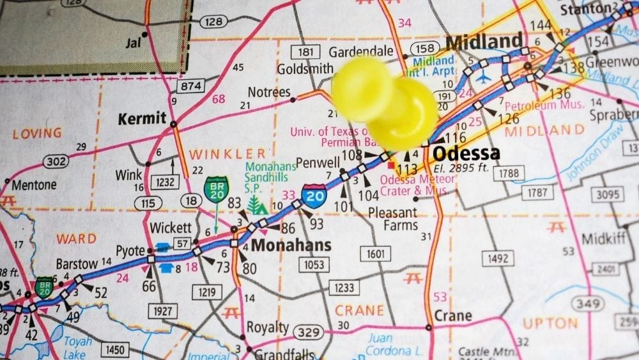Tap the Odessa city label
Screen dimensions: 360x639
pyautogui.click(x=466, y=154)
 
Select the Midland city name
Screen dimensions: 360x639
pyautogui.click(x=484, y=42)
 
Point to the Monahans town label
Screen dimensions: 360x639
pyautogui.click(x=291, y=246)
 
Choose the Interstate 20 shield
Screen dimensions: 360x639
pyautogui.click(x=314, y=193)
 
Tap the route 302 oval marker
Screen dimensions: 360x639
pyautogui.click(x=56, y=162)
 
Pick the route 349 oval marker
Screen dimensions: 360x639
pyautogui.click(x=585, y=304)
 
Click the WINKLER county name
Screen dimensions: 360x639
pyautogui.click(x=227, y=153)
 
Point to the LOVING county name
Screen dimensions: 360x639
pyautogui.click(x=37, y=134)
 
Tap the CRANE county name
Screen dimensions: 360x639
pyautogui.click(x=360, y=310)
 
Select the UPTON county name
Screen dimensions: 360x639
pyautogui.click(x=550, y=324)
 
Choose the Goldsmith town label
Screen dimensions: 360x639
pyautogui.click(x=305, y=68)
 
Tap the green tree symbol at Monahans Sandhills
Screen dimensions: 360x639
pyautogui.click(x=257, y=205)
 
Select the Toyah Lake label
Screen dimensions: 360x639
pyautogui.click(x=77, y=347)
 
